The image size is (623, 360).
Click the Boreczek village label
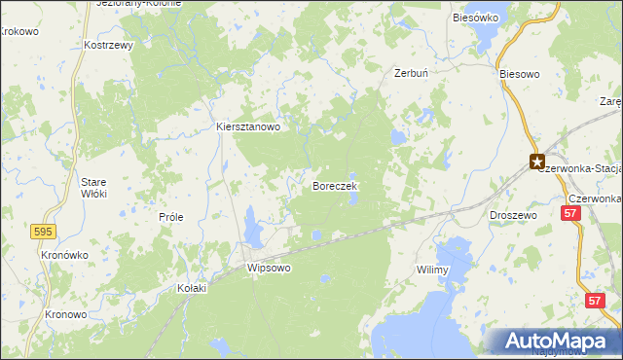point(336,185)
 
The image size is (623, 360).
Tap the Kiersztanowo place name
point(247,126)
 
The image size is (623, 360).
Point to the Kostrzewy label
point(107,46)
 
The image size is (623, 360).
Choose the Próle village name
point(171,217)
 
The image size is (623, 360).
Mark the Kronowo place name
point(66,315)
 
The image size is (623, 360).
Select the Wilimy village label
point(431,270)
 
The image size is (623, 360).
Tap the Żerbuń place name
point(411,73)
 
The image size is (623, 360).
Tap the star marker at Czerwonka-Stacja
point(536,162)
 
